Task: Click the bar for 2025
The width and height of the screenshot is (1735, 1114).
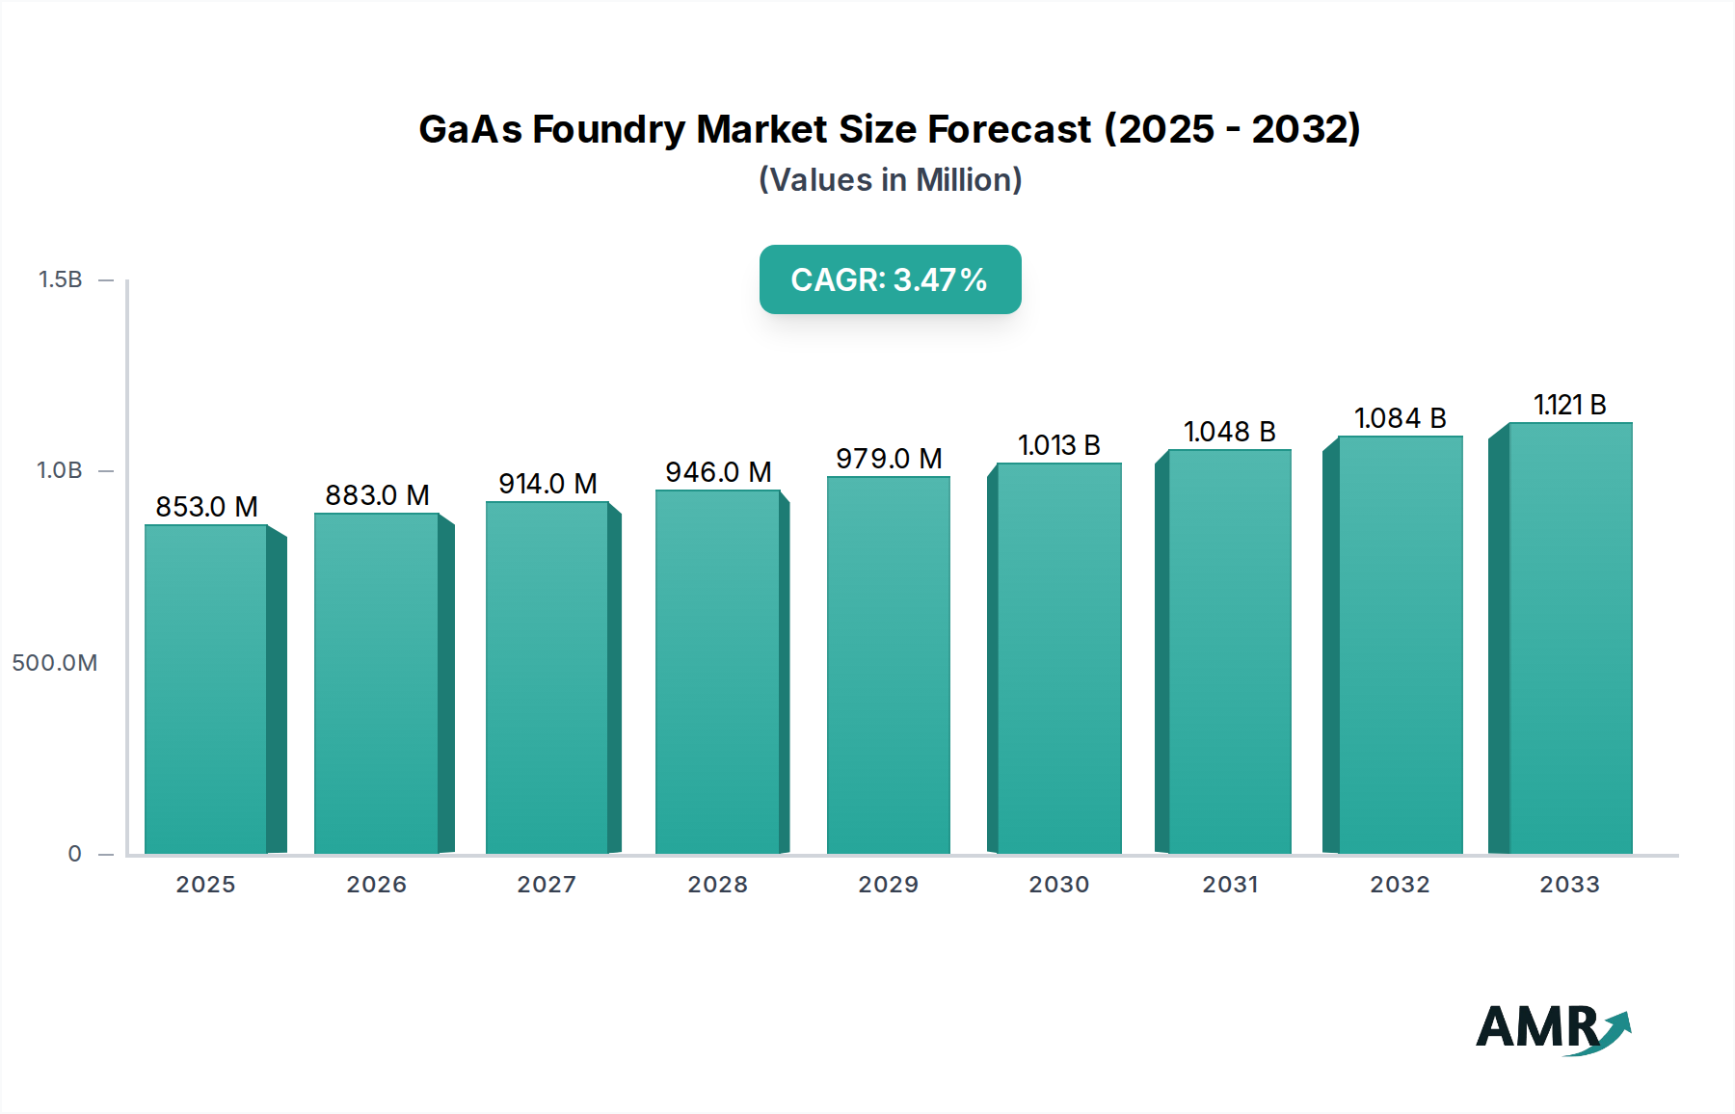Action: click(x=206, y=689)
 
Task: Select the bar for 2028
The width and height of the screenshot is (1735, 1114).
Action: click(x=717, y=672)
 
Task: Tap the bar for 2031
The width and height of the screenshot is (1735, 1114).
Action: click(x=1229, y=651)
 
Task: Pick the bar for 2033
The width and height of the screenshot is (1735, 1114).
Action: click(x=1569, y=638)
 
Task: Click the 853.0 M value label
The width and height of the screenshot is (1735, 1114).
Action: click(x=206, y=507)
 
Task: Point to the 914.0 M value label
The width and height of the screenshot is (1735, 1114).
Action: click(x=547, y=484)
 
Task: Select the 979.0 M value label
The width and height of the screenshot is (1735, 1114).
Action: click(x=889, y=459)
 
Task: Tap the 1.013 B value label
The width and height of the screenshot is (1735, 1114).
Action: click(x=1058, y=445)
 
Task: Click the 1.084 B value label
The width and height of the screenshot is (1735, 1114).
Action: click(x=1400, y=418)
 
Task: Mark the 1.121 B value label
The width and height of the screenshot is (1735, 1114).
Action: click(x=1569, y=405)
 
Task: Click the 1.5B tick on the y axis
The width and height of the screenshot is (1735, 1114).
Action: click(x=60, y=279)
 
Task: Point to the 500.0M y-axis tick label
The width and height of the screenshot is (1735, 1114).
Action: click(x=55, y=663)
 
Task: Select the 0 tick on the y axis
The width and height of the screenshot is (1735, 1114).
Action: click(x=74, y=854)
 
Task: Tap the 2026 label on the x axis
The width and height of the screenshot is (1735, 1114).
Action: click(x=377, y=885)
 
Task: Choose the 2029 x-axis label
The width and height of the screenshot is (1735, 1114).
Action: click(x=889, y=885)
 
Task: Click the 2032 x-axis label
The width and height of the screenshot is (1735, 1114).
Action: click(x=1400, y=885)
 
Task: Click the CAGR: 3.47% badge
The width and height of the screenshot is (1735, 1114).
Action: click(x=890, y=279)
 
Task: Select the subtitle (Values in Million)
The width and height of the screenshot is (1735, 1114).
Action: click(x=890, y=180)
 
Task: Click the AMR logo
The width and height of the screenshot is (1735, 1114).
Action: click(x=1552, y=1028)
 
